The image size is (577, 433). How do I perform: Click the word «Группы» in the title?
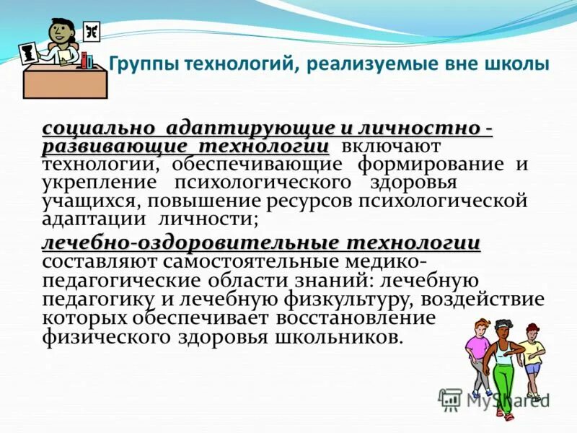pos(144,66)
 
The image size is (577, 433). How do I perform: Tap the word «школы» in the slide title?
pos(520,65)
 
